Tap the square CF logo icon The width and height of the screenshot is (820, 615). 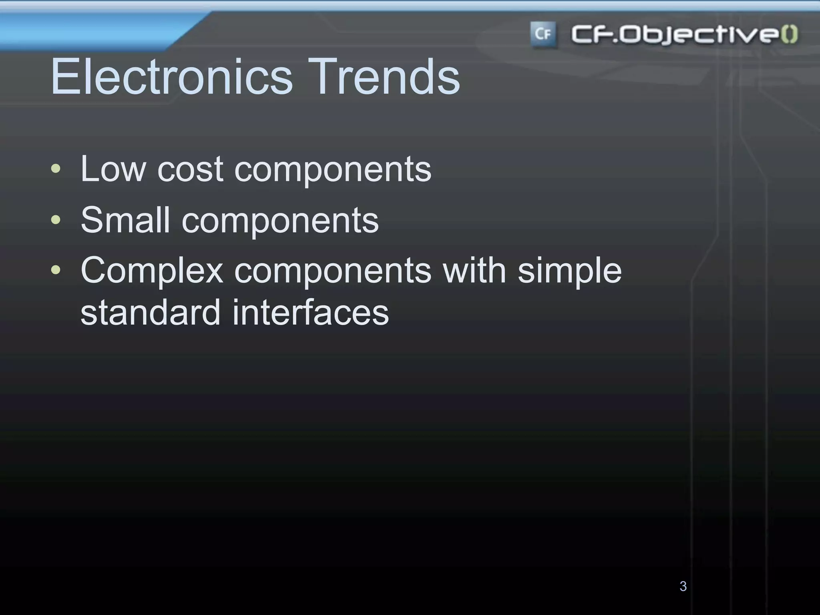[543, 34]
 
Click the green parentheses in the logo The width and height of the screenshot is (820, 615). [789, 34]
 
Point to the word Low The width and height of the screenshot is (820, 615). [113, 169]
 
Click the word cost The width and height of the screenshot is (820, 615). [190, 169]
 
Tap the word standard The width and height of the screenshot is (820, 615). [151, 312]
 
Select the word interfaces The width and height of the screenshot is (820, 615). [310, 312]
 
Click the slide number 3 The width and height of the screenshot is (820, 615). [683, 586]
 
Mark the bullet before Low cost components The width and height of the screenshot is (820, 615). [56, 169]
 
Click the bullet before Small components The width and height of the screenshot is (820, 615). [56, 220]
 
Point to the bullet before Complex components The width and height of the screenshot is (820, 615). [56, 270]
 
